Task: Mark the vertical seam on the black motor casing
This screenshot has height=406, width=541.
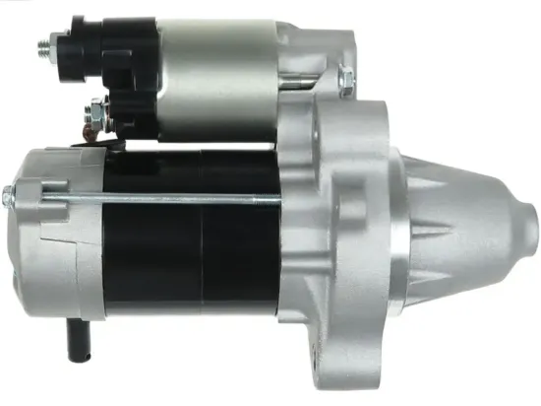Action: pos(202,246)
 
